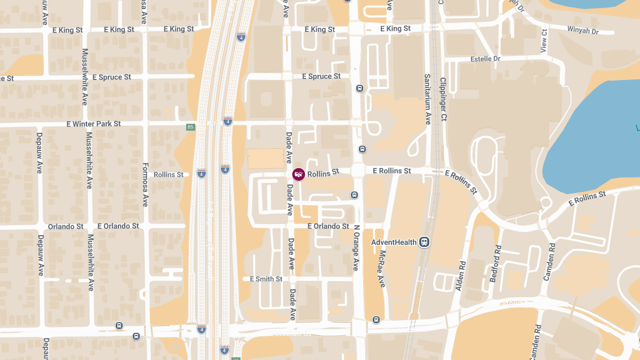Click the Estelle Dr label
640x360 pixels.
click(485, 59)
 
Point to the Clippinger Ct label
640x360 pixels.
click(443, 99)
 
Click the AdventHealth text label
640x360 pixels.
click(394, 242)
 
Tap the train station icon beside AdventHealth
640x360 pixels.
click(425, 242)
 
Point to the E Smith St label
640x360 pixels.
click(266, 279)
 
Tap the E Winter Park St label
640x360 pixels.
click(94, 124)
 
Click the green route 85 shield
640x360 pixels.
click(190, 127)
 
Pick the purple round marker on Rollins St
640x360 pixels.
click(299, 174)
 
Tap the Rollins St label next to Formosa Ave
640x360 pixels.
click(169, 174)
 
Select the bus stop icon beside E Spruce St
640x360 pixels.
click(360, 89)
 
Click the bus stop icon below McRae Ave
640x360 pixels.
click(377, 319)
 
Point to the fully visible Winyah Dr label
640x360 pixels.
click(583, 30)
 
